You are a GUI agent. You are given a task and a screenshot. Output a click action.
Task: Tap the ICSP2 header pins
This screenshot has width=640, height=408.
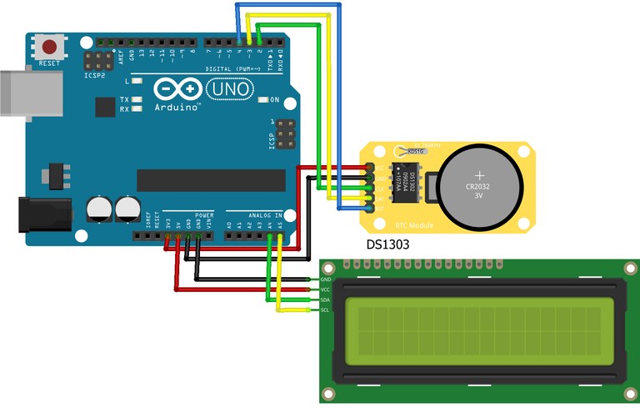coord(97,61)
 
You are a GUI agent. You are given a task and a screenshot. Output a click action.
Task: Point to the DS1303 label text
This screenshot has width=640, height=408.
coord(388,245)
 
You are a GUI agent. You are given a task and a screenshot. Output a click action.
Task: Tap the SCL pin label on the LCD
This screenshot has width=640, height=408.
coord(326,310)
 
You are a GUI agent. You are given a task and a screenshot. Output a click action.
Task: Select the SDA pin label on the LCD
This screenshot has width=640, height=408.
coord(326,300)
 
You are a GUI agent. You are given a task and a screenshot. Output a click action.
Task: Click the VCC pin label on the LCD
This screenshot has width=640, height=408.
coord(326,290)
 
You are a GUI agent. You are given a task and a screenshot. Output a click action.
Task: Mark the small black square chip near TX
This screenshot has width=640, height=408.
coord(105,107)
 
